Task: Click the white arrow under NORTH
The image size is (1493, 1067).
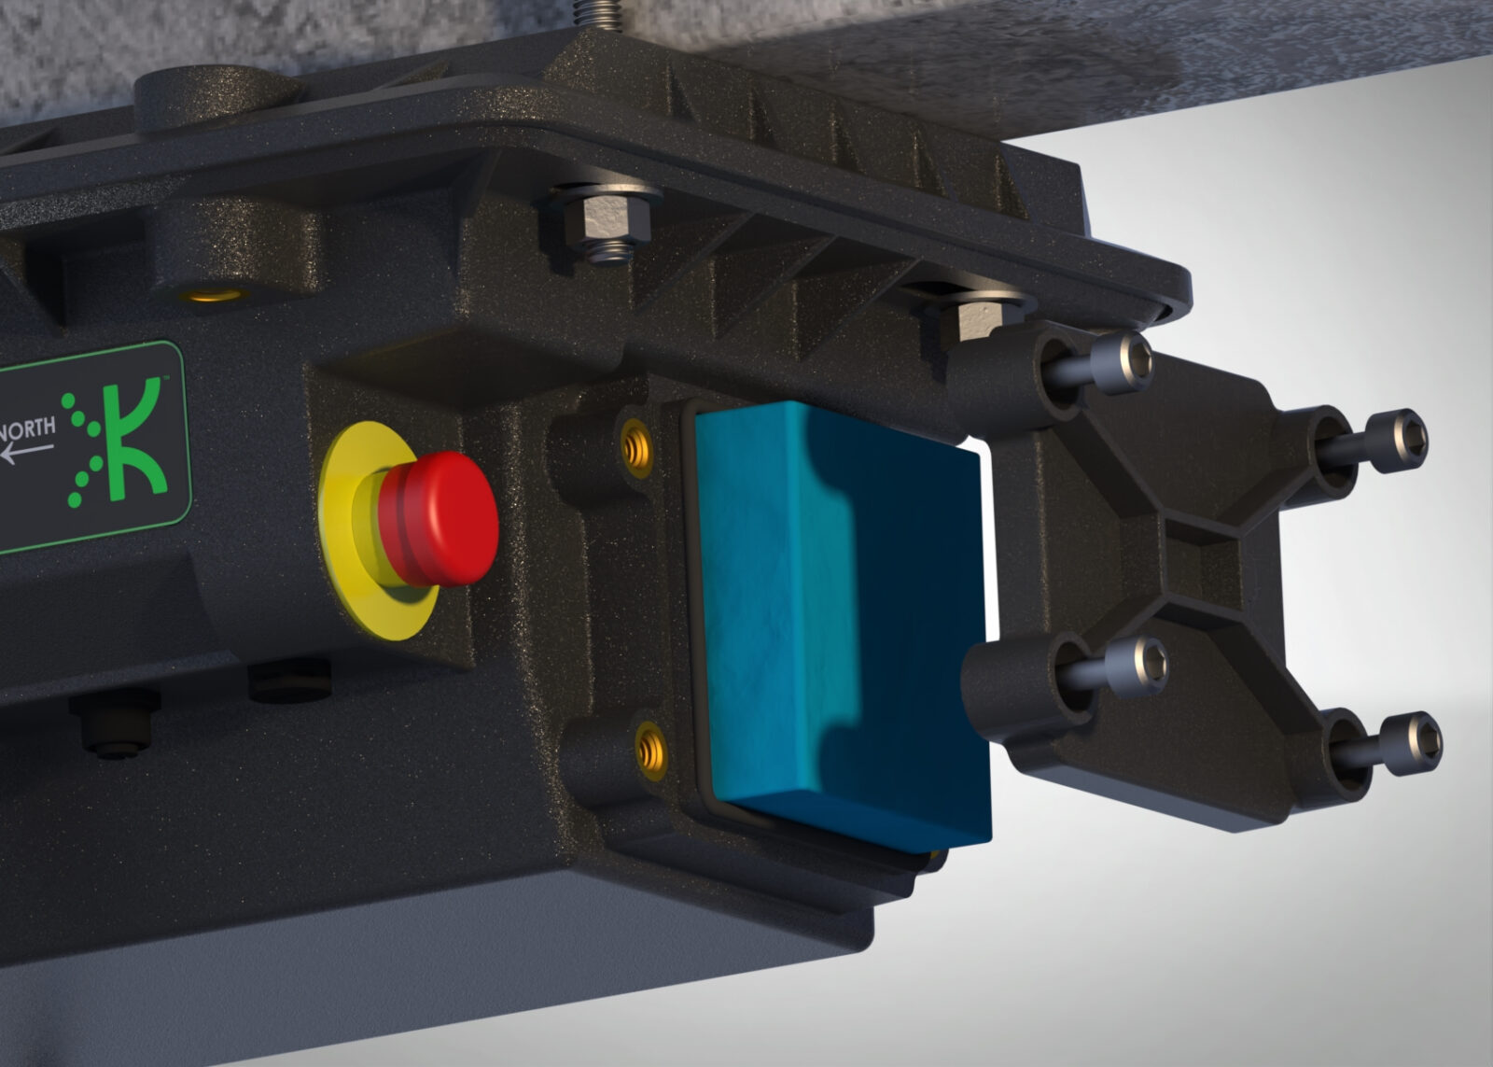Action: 27,453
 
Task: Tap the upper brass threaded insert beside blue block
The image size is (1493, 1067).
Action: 636,449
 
